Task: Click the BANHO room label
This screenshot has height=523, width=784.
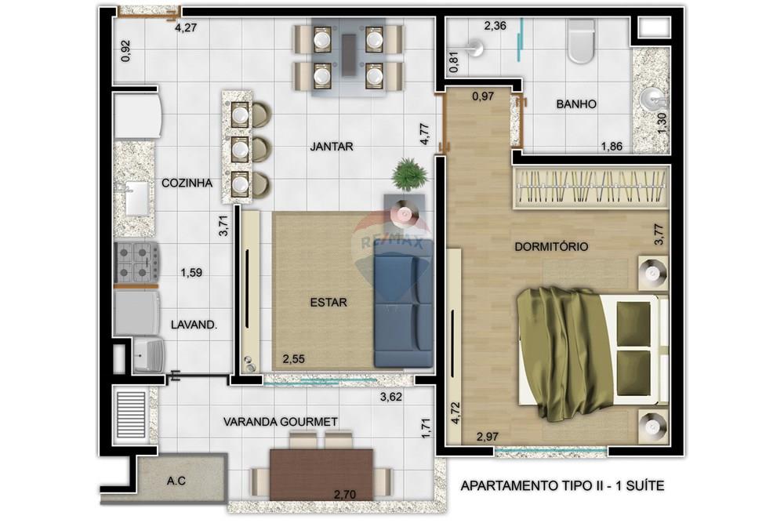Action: [576, 104]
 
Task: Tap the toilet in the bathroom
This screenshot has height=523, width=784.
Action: [581, 42]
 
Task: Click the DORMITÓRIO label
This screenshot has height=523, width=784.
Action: [551, 246]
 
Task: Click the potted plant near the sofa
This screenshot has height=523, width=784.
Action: [408, 173]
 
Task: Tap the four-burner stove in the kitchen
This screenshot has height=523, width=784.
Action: [136, 263]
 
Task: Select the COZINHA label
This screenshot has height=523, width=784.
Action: [187, 183]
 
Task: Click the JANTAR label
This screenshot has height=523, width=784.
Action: [331, 146]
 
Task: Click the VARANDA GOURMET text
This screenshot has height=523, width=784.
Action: [281, 422]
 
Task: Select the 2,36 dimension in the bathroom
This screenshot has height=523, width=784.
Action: [495, 26]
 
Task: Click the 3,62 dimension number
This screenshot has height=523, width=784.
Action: [390, 397]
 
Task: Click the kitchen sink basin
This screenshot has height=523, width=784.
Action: [136, 198]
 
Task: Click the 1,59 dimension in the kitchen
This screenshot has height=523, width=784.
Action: [192, 273]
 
